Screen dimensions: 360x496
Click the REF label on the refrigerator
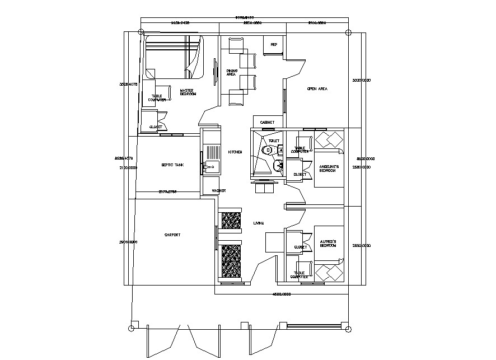(x=274, y=45)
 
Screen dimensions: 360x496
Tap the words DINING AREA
(x=232, y=73)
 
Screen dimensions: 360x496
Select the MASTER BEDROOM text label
(x=188, y=92)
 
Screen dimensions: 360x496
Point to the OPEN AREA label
(x=317, y=89)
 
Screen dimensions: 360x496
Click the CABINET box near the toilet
(x=268, y=122)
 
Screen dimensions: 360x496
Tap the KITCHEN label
(x=235, y=152)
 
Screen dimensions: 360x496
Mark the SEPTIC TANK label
(x=172, y=165)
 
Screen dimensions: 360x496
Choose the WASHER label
(x=218, y=191)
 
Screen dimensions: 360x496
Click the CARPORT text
(x=172, y=235)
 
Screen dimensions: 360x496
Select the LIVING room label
(x=258, y=223)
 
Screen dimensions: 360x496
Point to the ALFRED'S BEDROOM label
(x=328, y=244)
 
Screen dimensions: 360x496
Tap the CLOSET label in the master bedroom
(x=156, y=127)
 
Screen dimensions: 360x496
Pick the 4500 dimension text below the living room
(x=282, y=294)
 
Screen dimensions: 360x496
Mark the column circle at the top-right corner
(x=348, y=32)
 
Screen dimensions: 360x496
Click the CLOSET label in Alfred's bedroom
(x=301, y=247)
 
